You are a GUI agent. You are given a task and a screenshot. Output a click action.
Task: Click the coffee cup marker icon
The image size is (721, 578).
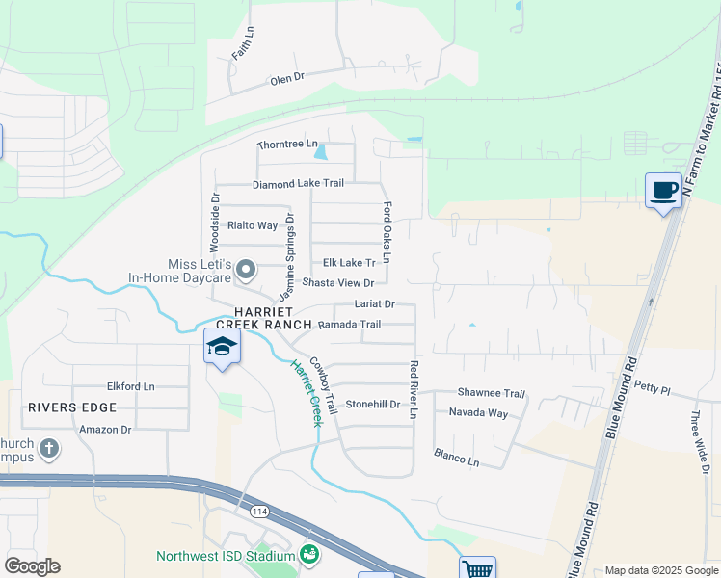tap(662, 190)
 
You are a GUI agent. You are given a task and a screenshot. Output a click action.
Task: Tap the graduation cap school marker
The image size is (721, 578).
tap(222, 347)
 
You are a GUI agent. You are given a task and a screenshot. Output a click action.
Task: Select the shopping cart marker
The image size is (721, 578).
tap(477, 569)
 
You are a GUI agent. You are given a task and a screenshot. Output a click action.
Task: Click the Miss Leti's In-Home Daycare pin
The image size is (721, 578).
tap(246, 271)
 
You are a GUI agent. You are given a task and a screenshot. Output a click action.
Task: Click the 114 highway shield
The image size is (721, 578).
tap(259, 512)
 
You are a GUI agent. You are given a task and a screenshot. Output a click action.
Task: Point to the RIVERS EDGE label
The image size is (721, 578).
tap(72, 407)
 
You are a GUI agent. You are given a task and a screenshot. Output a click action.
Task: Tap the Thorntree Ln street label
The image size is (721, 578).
tap(286, 144)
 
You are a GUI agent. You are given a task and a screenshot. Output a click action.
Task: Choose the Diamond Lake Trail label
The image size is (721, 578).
tap(298, 183)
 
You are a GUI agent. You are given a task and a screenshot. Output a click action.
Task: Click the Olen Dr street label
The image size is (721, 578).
tap(286, 78)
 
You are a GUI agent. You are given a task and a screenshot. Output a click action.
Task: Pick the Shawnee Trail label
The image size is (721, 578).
tap(491, 393)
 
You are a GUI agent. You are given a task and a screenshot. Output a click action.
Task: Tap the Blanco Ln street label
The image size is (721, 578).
tap(456, 457)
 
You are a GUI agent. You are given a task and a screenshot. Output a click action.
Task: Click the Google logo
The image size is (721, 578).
tap(32, 566)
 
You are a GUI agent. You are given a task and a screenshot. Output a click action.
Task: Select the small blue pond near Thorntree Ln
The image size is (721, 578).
tap(321, 151)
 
